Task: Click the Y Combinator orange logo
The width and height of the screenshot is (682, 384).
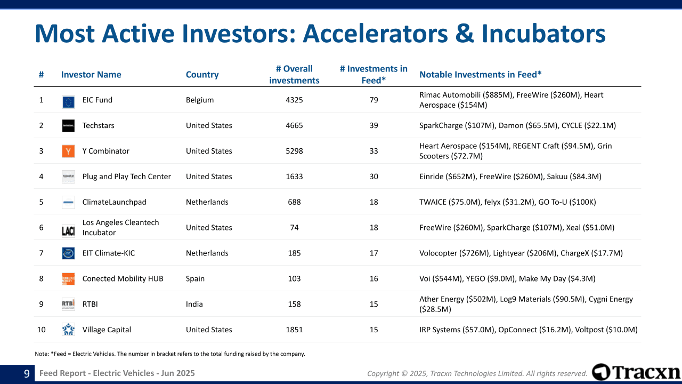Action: (x=68, y=151)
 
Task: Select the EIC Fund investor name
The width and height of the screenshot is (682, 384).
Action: (x=97, y=100)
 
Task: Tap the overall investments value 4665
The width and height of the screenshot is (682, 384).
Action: (x=294, y=125)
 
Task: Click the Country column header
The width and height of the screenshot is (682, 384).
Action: (x=202, y=75)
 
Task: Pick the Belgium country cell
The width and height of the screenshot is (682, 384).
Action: (x=200, y=100)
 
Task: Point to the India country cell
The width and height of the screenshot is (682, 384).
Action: (x=194, y=304)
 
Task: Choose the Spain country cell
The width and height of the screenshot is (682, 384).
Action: (x=195, y=278)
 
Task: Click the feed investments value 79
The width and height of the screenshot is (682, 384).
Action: (x=374, y=100)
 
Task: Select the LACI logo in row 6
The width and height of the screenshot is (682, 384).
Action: (x=68, y=230)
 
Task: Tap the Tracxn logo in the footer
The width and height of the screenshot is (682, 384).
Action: (x=636, y=372)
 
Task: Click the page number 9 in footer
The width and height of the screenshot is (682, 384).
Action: (x=26, y=374)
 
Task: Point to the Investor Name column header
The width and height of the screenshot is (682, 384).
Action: (x=91, y=75)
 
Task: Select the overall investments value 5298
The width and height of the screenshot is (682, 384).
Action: (x=294, y=151)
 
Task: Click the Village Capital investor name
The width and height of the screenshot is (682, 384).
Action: (x=107, y=330)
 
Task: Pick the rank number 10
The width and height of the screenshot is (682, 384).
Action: (x=41, y=330)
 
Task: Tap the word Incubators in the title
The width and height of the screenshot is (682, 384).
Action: (x=543, y=34)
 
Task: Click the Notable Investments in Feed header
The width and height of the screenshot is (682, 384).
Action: (x=481, y=75)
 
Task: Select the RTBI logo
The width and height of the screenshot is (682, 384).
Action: (x=68, y=304)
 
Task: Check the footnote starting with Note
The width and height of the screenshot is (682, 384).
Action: (x=169, y=354)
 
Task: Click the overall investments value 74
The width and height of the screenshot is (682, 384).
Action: (x=294, y=227)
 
